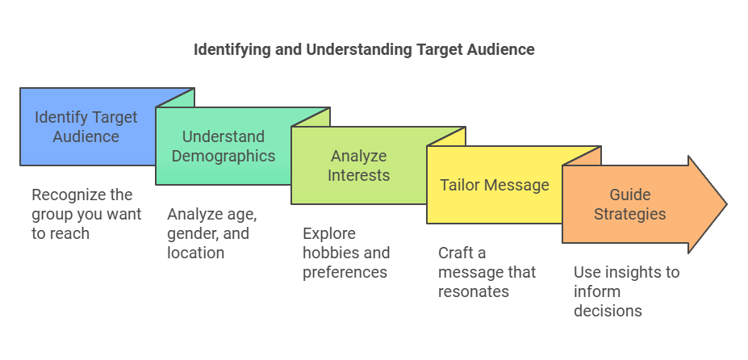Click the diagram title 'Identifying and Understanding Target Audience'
pyautogui.click(x=364, y=50)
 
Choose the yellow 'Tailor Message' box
pyautogui.click(x=494, y=186)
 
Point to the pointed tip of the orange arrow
pyautogui.click(x=727, y=204)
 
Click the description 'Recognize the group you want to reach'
pyautogui.click(x=87, y=214)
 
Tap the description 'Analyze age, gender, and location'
pyautogui.click(x=212, y=233)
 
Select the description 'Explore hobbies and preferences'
pyautogui.click(x=346, y=253)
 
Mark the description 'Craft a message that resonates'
pyautogui.click(x=487, y=272)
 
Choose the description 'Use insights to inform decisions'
pyautogui.click(x=626, y=291)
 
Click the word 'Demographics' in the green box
pyautogui.click(x=224, y=156)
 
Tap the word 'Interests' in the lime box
pyautogui.click(x=359, y=175)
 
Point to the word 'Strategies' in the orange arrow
pyautogui.click(x=629, y=215)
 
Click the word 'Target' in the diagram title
pyautogui.click(x=438, y=50)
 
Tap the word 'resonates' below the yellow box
pyautogui.click(x=474, y=291)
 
